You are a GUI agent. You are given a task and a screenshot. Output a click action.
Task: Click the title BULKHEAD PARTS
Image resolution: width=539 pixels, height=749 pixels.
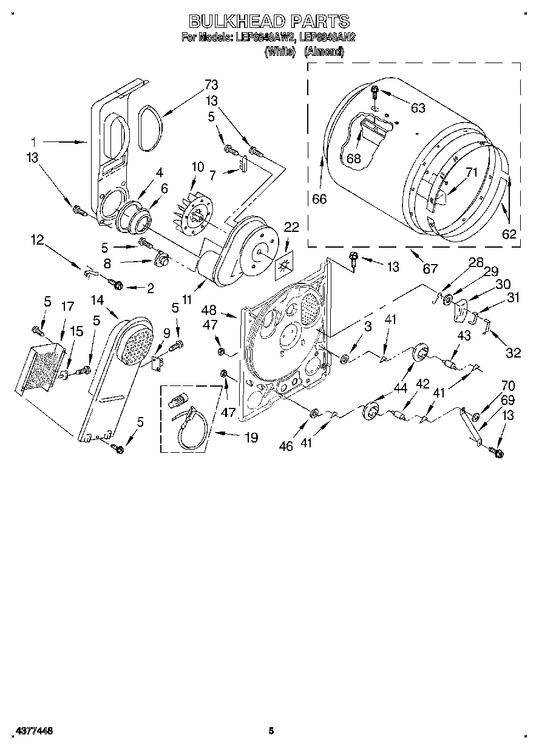269,21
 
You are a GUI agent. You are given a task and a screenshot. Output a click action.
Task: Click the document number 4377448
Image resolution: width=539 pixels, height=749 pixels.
30,731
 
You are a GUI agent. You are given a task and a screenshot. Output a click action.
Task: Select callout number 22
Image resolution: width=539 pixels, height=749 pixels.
291,227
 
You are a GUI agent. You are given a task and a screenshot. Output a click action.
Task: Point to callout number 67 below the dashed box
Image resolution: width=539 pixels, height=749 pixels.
429,268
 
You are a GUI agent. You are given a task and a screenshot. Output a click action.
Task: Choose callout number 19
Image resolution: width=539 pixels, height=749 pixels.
250,436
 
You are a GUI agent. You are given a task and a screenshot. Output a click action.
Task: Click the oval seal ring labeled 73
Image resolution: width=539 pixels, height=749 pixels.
148,127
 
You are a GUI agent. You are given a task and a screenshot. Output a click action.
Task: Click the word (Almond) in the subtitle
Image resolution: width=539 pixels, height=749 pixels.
324,52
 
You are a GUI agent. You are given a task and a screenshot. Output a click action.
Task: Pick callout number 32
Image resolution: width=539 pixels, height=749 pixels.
514,351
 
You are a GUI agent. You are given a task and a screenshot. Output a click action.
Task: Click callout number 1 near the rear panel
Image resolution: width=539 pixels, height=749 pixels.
34,141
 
